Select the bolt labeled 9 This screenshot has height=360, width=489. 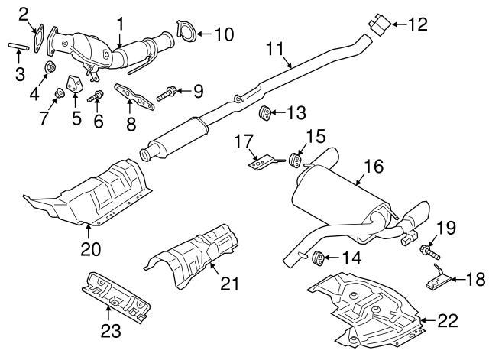tap(168, 96)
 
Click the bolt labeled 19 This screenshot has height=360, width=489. tap(428, 249)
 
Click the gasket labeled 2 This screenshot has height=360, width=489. tap(37, 33)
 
